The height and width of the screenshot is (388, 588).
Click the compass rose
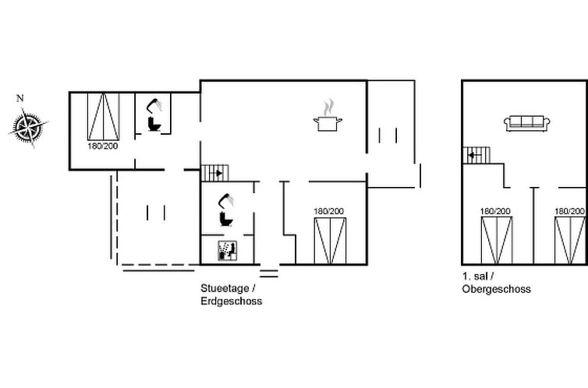tap(29, 127)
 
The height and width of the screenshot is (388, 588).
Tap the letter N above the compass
tap(20, 98)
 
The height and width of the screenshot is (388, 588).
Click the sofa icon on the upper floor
tap(527, 124)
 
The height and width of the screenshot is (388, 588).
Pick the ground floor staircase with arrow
tap(215, 173)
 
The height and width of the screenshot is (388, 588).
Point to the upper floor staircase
tap(476, 155)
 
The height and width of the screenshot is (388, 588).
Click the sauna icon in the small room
tap(228, 251)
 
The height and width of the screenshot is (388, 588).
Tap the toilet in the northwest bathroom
tap(154, 124)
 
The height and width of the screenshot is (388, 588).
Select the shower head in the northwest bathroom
tap(154, 105)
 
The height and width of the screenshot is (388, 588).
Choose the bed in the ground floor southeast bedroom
tap(330, 241)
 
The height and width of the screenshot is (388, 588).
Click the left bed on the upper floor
tap(497, 241)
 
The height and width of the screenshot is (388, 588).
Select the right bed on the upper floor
tap(570, 241)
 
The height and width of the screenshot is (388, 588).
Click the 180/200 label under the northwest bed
tap(103, 146)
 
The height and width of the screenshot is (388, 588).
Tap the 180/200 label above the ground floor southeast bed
tap(329, 212)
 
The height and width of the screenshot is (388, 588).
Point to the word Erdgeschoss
tap(232, 301)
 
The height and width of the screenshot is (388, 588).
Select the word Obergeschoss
tap(497, 289)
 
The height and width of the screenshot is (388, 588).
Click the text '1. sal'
tap(475, 277)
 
